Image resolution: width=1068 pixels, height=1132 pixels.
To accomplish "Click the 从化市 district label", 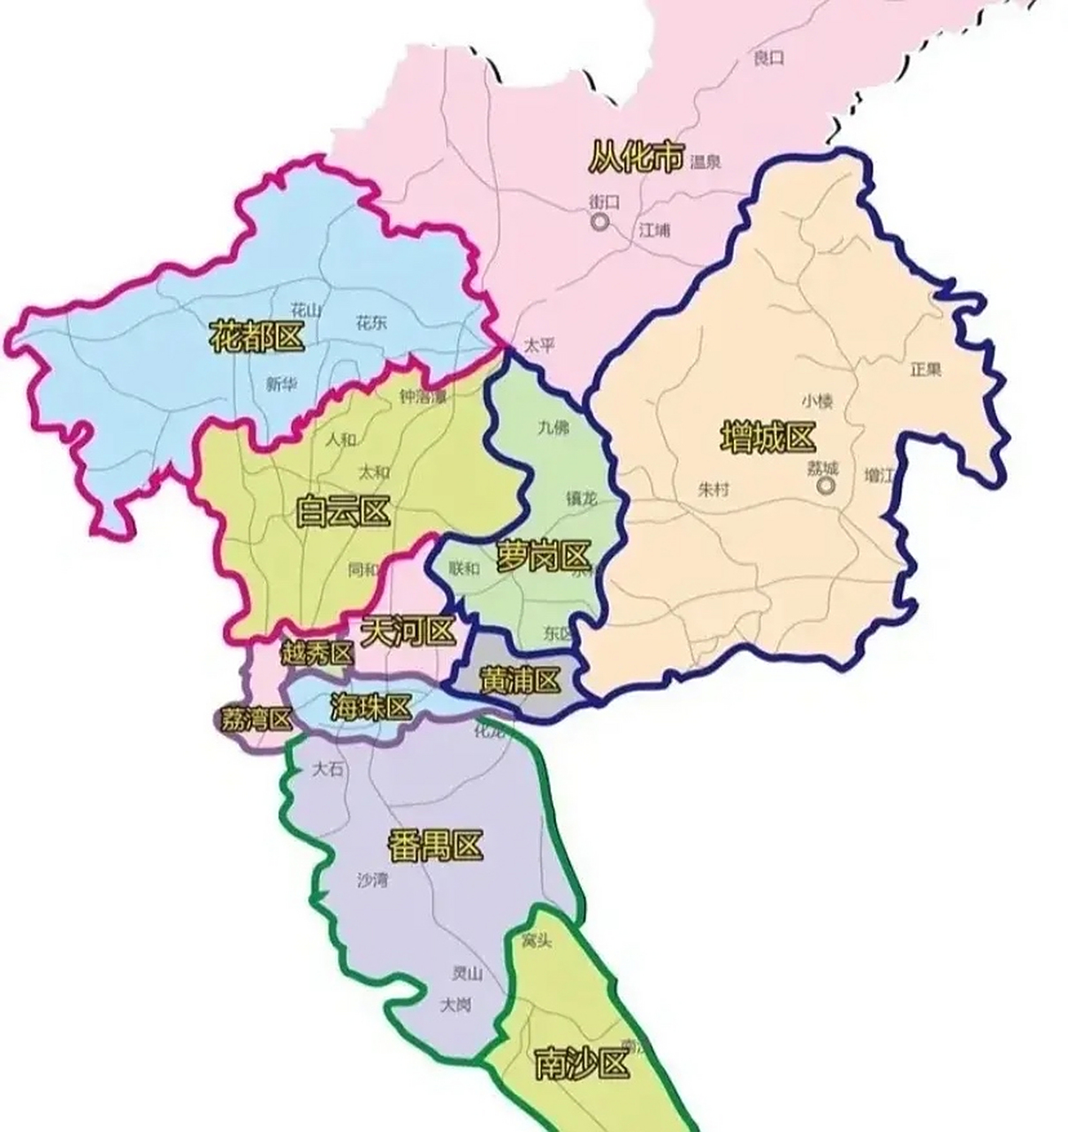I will click(x=636, y=159).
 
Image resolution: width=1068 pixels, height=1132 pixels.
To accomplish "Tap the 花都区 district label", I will click(x=256, y=337).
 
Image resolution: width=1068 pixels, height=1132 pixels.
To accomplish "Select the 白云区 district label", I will click(x=343, y=512).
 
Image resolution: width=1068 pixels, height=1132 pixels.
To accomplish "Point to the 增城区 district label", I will click(x=767, y=438).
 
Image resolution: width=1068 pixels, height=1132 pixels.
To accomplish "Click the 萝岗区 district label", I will click(x=543, y=557).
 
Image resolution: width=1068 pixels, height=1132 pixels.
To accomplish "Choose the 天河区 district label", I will click(x=408, y=631).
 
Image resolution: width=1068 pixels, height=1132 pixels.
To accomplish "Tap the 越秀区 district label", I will click(x=317, y=654).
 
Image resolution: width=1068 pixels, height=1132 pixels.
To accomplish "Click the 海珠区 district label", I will click(x=371, y=707).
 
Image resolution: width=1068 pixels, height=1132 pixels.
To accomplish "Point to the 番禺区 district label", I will click(x=435, y=846).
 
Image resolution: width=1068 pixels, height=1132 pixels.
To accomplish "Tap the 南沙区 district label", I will click(x=582, y=1064).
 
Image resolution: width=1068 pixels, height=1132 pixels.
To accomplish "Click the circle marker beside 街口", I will click(x=600, y=222).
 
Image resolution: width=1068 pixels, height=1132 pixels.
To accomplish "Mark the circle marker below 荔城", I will click(x=826, y=486).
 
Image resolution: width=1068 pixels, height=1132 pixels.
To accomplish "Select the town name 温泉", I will click(x=706, y=162).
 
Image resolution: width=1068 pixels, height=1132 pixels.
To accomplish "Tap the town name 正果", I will click(x=926, y=369).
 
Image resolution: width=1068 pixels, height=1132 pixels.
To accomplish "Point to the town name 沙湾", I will click(x=372, y=880).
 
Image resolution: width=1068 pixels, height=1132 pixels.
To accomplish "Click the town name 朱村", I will click(x=713, y=489).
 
